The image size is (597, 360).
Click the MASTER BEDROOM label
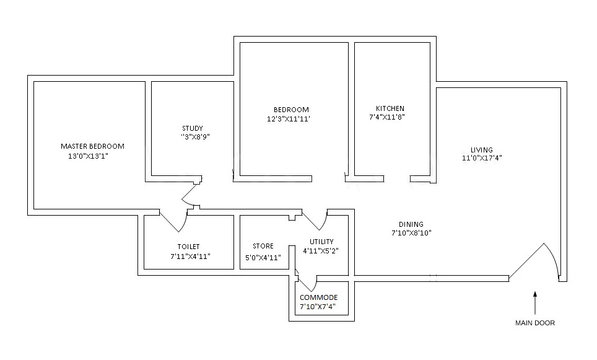point(92,146)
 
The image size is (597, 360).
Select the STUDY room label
point(192,129)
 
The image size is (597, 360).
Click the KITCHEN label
point(390,108)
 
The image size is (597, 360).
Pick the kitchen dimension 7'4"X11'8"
point(388,116)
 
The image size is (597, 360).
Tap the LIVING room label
point(481,149)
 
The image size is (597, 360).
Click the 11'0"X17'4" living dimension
point(481,158)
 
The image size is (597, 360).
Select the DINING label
point(411,224)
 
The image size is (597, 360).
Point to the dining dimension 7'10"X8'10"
point(411,234)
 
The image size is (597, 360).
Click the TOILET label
point(188,247)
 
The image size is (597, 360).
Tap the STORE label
point(263,247)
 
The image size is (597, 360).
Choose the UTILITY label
point(321,242)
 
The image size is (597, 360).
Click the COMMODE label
point(319,297)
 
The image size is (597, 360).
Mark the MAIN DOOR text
point(535,323)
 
